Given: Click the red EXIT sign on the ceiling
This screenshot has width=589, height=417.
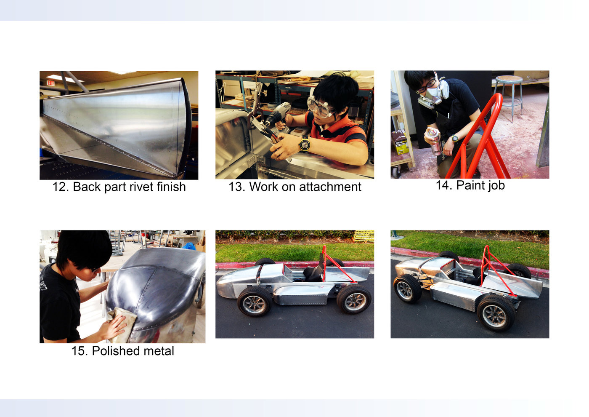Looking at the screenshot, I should (50, 83).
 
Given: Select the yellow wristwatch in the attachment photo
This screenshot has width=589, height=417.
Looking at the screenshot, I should (305, 144).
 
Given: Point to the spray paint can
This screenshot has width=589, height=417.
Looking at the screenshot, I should (435, 141).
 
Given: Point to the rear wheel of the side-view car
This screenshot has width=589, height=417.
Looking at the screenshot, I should (354, 299).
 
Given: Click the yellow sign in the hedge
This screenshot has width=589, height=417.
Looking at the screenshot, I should (364, 236).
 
